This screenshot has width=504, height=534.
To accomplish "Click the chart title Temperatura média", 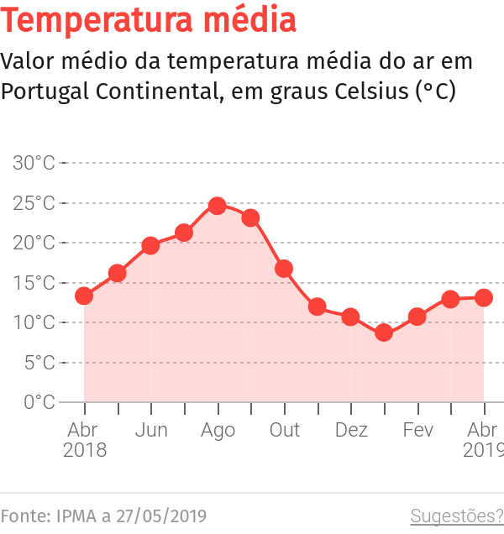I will point(149,20).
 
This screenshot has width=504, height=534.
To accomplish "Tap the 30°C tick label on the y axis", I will point(34,163).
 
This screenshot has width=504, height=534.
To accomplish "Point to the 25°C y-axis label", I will point(34,203).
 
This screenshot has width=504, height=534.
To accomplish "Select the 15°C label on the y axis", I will point(34,283).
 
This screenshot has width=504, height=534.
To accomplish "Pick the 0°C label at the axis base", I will point(39,402).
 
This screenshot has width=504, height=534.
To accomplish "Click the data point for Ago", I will point(218,206).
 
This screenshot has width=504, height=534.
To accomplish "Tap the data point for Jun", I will point(150,245).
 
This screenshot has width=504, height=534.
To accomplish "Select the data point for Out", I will point(284,269).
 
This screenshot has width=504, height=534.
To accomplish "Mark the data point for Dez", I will point(350,317).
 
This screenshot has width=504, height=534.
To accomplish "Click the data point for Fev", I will point(417,317).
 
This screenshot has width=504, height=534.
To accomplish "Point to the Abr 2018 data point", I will point(84,296).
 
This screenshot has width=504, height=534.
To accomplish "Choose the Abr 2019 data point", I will point(483,297).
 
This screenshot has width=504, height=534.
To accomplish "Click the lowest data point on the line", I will point(384,332).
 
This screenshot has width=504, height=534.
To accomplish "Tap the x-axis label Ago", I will point(218,431).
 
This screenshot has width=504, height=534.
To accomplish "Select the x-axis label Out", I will point(284,431).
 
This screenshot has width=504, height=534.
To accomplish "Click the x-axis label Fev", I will point(417,431).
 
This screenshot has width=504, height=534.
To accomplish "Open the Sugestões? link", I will point(456,516).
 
